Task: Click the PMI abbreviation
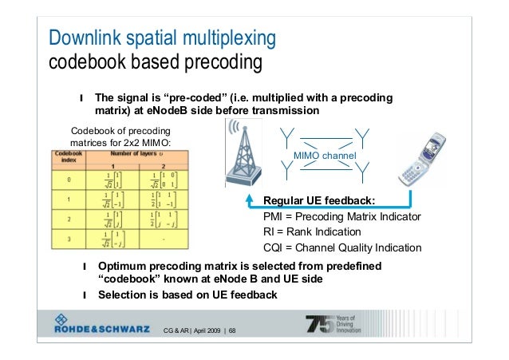pos(274,216)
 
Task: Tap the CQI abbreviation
pos(274,247)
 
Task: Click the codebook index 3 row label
pos(70,238)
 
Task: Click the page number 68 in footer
pos(231,331)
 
